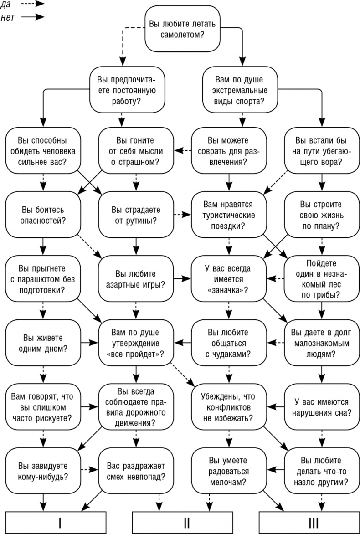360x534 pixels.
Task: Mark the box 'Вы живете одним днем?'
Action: (x=43, y=343)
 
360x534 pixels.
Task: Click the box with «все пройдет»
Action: (x=135, y=343)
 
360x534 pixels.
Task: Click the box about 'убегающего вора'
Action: (x=322, y=151)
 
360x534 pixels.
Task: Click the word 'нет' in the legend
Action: (x=8, y=17)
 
